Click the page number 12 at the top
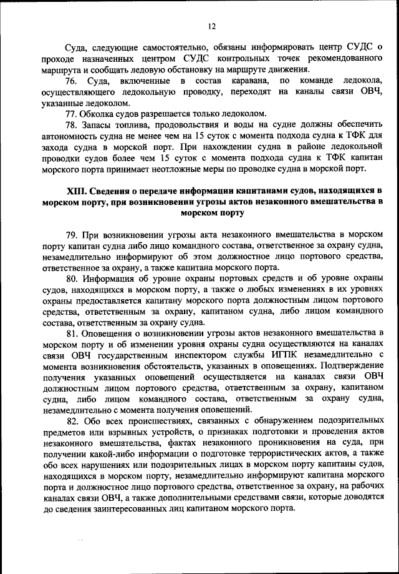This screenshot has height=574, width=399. tap(211, 26)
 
